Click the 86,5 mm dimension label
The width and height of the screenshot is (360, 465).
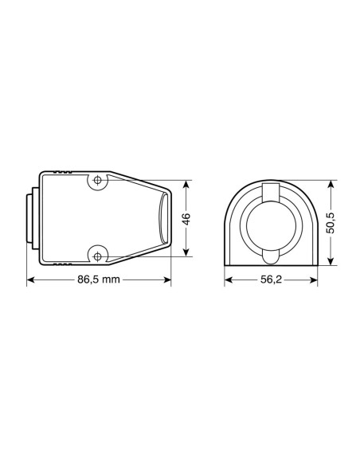pyautogui.click(x=99, y=279)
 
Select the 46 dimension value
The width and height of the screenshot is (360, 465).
pyautogui.click(x=186, y=219)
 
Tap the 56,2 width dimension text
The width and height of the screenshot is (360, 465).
pyautogui.click(x=271, y=279)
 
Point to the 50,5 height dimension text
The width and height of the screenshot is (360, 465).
pyautogui.click(x=331, y=223)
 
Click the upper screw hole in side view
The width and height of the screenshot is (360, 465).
pyautogui.click(x=97, y=180)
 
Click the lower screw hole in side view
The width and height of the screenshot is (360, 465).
pyautogui.click(x=97, y=256)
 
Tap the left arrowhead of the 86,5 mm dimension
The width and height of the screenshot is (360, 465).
pyautogui.click(x=31, y=279)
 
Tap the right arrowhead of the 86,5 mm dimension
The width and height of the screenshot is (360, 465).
pyautogui.click(x=167, y=279)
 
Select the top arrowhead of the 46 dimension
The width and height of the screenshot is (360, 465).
pyautogui.click(x=186, y=185)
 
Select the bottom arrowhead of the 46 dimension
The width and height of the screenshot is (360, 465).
pyautogui.click(x=186, y=252)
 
